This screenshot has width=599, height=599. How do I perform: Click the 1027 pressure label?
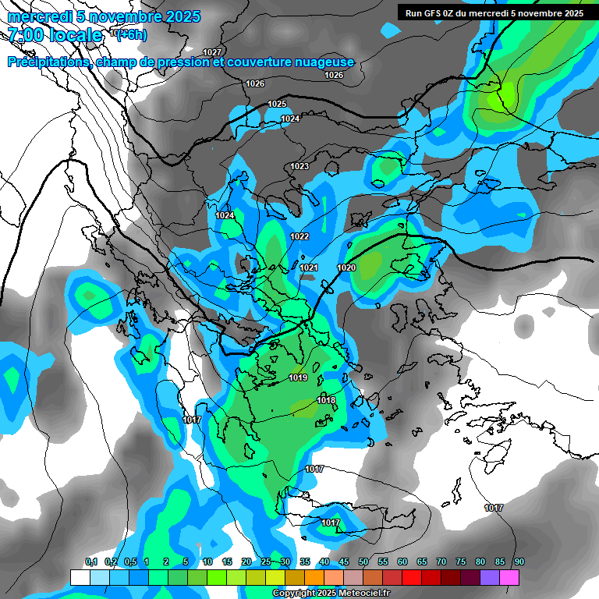click(212, 52)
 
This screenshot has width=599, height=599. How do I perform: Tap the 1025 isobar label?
click(277, 104)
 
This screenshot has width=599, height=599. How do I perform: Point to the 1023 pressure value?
click(299, 166)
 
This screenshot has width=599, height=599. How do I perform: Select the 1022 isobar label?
click(299, 236)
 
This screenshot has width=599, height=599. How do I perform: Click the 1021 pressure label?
click(309, 268)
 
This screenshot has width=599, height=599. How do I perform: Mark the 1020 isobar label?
click(346, 268)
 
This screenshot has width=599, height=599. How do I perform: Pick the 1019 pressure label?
click(298, 378)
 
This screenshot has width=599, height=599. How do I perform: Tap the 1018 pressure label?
click(326, 400)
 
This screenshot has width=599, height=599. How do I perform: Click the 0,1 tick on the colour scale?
click(90, 562)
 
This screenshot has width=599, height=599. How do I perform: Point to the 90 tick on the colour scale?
click(519, 562)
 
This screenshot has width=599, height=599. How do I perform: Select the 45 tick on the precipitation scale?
click(344, 562)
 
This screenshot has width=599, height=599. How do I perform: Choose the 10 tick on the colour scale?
click(207, 562)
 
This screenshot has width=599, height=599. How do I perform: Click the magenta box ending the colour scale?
click(509, 577)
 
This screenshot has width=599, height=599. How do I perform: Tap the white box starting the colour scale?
click(80, 577)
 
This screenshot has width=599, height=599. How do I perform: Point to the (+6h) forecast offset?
click(131, 34)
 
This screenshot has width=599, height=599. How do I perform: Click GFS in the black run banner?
click(433, 12)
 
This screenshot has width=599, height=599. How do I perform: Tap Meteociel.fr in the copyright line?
click(362, 594)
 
